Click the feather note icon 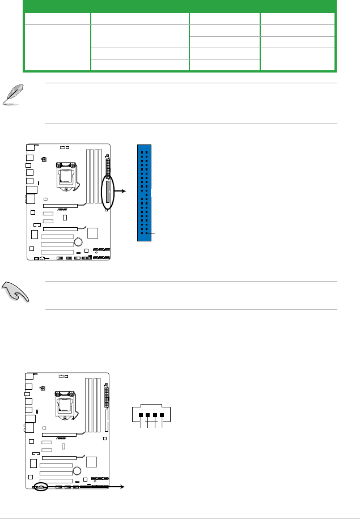coord(13,93)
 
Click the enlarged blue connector coord(145,193)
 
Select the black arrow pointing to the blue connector coord(121,192)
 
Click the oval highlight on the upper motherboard coord(107,193)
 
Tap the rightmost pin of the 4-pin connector coord(162,415)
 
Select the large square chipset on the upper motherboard coord(92,233)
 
